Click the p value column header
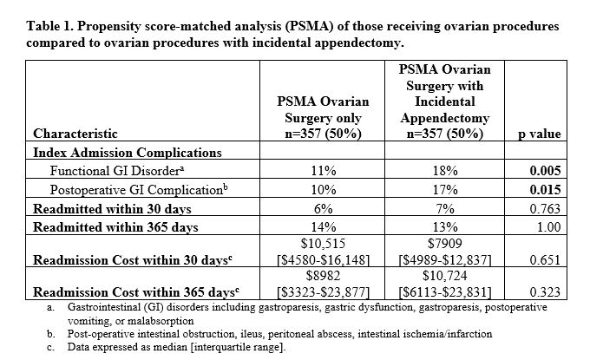[539, 134]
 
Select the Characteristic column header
[75, 134]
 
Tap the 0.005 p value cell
[545, 172]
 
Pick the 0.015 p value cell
[545, 190]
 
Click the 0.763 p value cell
[545, 209]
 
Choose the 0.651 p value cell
[545, 259]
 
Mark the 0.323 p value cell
[545, 291]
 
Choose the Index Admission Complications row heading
[128, 153]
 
